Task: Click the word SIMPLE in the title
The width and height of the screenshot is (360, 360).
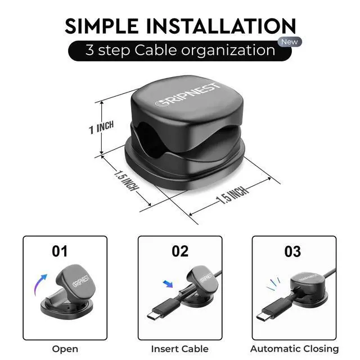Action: pyautogui.click(x=102, y=26)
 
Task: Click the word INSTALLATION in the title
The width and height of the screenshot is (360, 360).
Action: pyautogui.click(x=221, y=26)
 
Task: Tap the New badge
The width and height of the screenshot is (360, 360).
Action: pyautogui.click(x=290, y=42)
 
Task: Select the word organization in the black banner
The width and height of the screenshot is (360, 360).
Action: pyautogui.click(x=228, y=51)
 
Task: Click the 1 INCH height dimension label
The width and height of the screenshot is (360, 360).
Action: pyautogui.click(x=101, y=128)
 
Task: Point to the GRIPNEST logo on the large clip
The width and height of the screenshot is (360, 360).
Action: pyautogui.click(x=188, y=95)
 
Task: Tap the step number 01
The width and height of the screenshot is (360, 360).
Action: pyautogui.click(x=60, y=251)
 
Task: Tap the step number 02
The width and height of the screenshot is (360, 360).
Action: pyautogui.click(x=180, y=251)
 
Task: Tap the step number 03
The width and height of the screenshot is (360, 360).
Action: pyautogui.click(x=292, y=251)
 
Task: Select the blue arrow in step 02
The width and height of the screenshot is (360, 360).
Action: pyautogui.click(x=168, y=283)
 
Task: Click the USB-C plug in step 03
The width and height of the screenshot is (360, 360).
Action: pyautogui.click(x=273, y=309)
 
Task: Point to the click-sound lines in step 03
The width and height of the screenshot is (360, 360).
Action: pyautogui.click(x=273, y=283)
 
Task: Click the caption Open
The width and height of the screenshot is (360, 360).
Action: pyautogui.click(x=65, y=349)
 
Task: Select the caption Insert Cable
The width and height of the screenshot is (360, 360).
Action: pyautogui.click(x=180, y=349)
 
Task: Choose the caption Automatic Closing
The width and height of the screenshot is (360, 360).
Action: pyautogui.click(x=294, y=349)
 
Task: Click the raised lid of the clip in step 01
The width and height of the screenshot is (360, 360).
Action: pyautogui.click(x=75, y=282)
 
